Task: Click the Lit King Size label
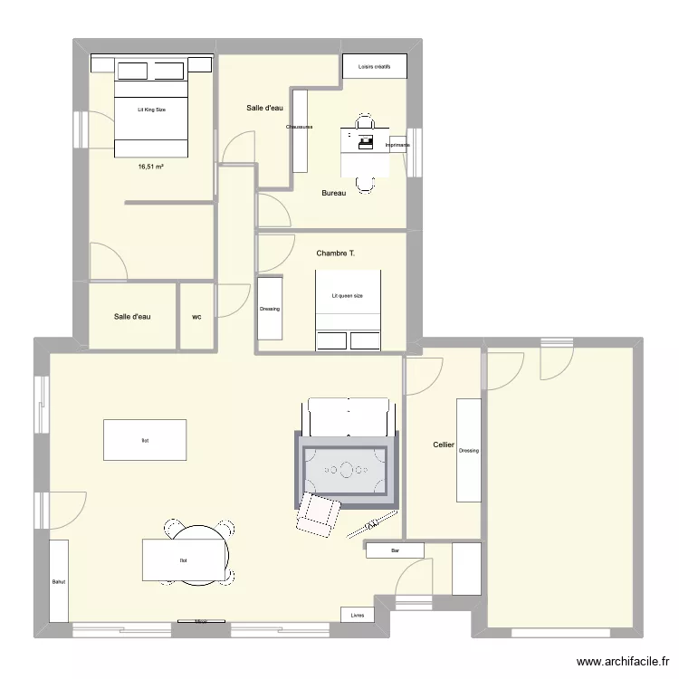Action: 151,110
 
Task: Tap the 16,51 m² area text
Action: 150,167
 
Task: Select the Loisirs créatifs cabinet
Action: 374,66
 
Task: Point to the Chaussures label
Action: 300,127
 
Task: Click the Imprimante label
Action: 397,145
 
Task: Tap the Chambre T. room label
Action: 336,253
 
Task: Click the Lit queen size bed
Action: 348,296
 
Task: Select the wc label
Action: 196,317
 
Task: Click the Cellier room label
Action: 444,445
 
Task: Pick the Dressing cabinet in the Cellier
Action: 468,450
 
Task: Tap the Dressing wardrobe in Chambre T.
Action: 270,309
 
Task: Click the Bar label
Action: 395,550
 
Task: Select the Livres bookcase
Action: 359,615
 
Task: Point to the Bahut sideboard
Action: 59,581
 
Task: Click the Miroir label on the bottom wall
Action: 200,622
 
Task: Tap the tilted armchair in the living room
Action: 317,514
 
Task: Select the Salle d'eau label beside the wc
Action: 132,317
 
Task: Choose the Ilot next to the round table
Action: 184,559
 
